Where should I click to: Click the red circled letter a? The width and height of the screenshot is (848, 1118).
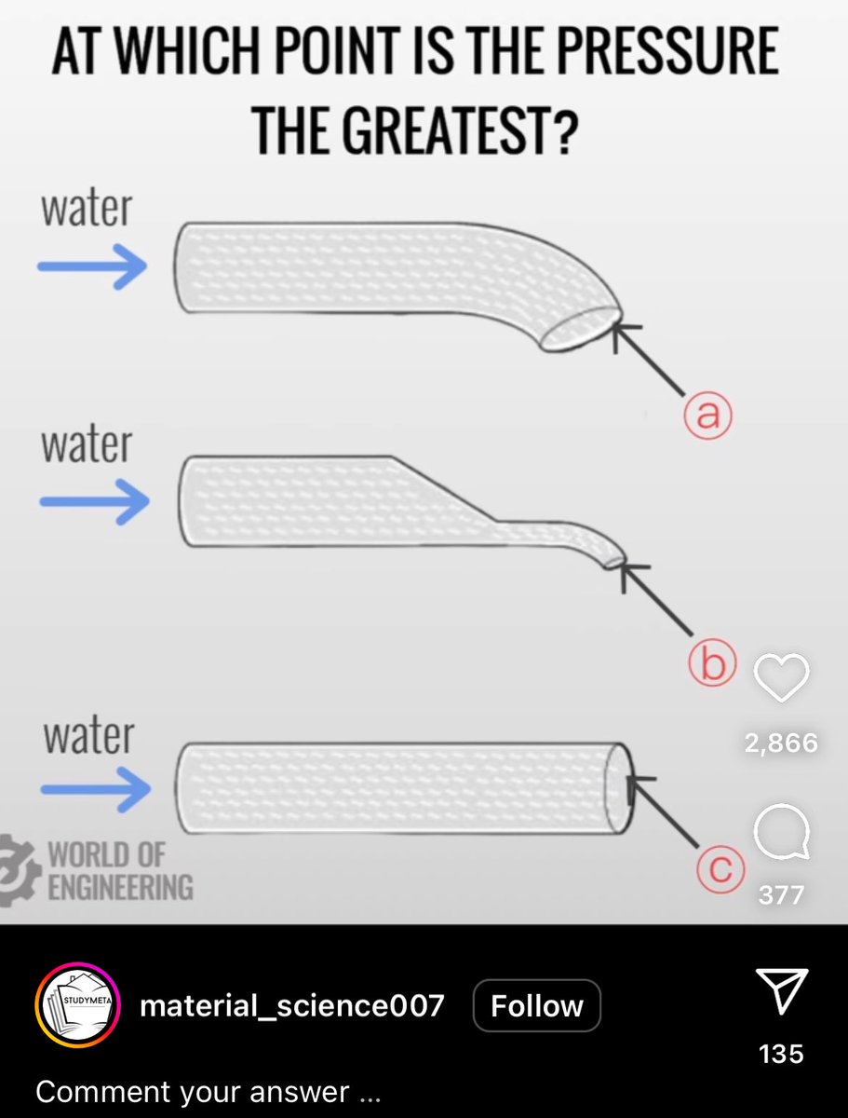pos(707,416)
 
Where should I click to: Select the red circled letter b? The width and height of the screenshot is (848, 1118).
pos(712,662)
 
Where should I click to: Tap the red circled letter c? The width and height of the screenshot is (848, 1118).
pos(721,868)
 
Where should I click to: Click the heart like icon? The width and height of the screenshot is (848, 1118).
pos(781,677)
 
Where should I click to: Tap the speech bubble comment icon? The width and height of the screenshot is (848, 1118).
pos(782,831)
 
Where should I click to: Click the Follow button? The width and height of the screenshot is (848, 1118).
pos(537,1006)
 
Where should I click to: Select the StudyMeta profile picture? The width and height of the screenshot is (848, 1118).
pos(77,1005)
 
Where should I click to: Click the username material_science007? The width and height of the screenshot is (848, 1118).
pos(292,1006)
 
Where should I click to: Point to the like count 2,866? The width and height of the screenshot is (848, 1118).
pos(781,743)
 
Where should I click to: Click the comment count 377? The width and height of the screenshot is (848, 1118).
pos(781,895)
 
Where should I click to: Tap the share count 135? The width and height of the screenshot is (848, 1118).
pos(781,1054)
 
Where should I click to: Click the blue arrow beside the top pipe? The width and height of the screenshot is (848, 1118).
pos(92,266)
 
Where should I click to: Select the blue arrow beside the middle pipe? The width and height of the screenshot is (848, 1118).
pos(95,501)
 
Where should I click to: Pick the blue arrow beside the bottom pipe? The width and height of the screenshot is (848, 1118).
pos(96,789)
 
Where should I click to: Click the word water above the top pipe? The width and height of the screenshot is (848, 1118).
pos(87,209)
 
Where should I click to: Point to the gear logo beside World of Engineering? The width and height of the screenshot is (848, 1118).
pos(20,870)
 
